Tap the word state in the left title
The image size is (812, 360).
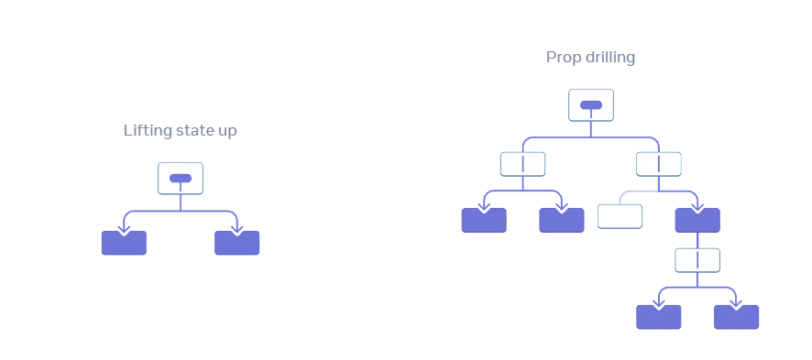193,130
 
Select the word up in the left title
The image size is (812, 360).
225,131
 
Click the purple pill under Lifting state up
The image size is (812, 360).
181,179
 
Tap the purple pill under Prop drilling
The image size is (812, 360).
591,105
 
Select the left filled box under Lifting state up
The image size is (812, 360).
124,243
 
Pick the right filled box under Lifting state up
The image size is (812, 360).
236,243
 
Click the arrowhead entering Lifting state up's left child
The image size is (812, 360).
124,230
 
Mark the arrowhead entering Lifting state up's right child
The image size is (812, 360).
236,230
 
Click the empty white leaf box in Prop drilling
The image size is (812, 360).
620,216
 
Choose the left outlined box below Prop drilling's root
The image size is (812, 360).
522,164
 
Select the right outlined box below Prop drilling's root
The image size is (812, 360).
659,164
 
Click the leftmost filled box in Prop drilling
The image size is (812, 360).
484,221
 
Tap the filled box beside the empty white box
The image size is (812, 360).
697,221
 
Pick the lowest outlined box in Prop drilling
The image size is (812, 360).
697,260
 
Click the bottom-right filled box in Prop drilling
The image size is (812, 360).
737,317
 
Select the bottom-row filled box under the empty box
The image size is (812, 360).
659,317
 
